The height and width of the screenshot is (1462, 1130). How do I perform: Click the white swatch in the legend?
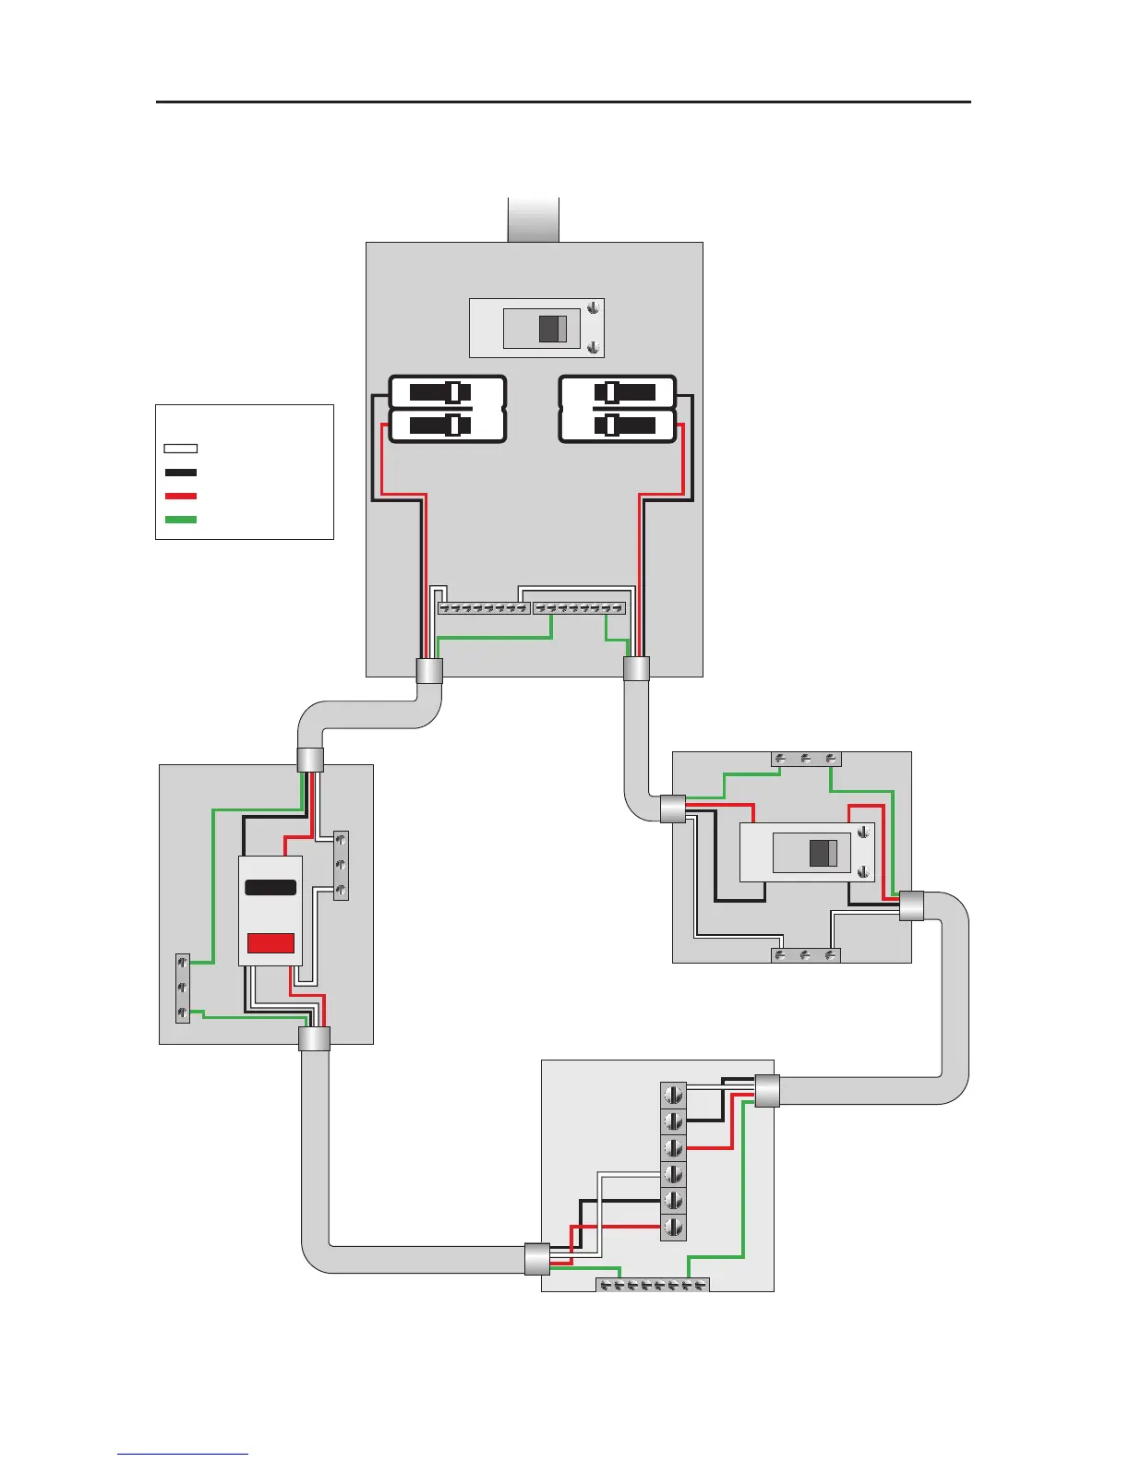click(180, 449)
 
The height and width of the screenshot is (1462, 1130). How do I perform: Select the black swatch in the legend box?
click(180, 473)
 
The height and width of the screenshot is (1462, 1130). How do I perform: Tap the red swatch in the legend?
click(180, 497)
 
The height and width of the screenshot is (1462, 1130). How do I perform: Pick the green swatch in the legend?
click(180, 520)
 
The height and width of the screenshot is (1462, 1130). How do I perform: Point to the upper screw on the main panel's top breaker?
click(595, 308)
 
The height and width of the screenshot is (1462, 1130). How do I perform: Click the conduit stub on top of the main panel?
click(534, 220)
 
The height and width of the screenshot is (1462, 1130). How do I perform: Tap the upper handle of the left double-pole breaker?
click(452, 392)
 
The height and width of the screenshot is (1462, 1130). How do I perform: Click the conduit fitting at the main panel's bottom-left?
click(430, 670)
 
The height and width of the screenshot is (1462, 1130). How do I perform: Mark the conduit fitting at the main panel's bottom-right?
click(636, 668)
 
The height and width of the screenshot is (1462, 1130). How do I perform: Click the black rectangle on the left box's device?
click(270, 888)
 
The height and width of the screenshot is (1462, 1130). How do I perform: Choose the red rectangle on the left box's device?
click(270, 942)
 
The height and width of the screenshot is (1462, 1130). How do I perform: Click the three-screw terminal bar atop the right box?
click(806, 759)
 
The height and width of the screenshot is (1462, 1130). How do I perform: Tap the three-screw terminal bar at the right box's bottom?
click(806, 955)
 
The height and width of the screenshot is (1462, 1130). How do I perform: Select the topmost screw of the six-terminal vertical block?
click(674, 1096)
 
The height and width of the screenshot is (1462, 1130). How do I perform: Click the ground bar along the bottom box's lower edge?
click(653, 1285)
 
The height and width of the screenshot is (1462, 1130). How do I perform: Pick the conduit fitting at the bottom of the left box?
click(314, 1039)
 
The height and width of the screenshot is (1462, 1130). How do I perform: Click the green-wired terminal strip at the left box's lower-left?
click(183, 988)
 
